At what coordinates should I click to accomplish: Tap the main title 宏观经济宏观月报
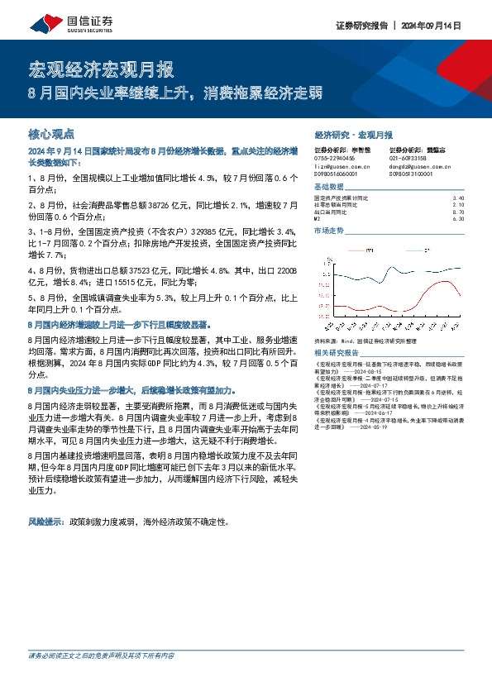tap(90, 68)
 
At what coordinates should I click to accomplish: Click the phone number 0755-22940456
tap(335, 157)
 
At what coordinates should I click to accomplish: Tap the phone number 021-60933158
tap(408, 157)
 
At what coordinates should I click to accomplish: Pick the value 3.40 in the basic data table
tap(459, 198)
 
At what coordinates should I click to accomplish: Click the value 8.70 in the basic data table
tap(459, 212)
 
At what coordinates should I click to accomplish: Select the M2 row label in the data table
tap(318, 218)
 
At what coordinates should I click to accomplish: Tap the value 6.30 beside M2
tap(459, 218)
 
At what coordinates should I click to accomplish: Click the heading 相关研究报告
tap(338, 352)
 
